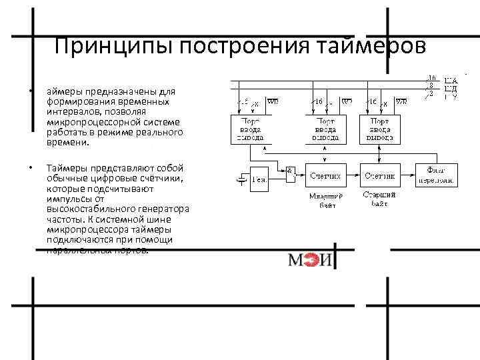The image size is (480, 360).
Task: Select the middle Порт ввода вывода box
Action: click(326, 129)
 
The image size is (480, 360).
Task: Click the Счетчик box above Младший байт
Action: click(326, 177)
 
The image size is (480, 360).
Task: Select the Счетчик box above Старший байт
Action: click(381, 177)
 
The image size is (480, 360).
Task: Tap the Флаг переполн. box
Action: click(437, 177)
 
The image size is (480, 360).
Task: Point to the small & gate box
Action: click(290, 171)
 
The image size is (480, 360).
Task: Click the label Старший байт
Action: click(380, 200)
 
